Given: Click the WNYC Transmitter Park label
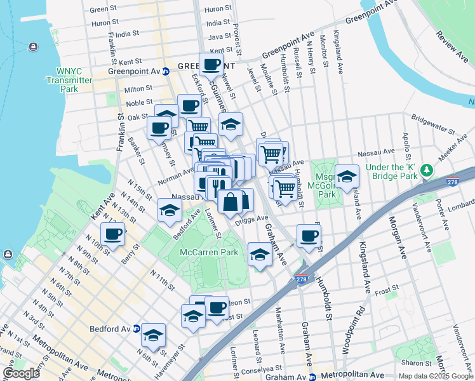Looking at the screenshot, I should pyautogui.click(x=70, y=80).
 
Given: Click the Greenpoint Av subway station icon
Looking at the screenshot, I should pyautogui.click(x=164, y=71).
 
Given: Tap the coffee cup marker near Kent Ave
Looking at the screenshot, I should pyautogui.click(x=112, y=234).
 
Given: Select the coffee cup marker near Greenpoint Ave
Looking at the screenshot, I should pyautogui.click(x=211, y=64).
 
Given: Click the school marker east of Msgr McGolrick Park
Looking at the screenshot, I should pyautogui.click(x=347, y=177).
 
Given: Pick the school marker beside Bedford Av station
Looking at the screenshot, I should pyautogui.click(x=153, y=335).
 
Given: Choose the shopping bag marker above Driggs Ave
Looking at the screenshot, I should pyautogui.click(x=230, y=201).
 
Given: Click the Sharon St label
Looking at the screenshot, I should pyautogui.click(x=416, y=363).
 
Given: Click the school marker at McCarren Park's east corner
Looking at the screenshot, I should pyautogui.click(x=259, y=255).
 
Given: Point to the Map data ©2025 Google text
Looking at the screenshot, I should pyautogui.click(x=435, y=376).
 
